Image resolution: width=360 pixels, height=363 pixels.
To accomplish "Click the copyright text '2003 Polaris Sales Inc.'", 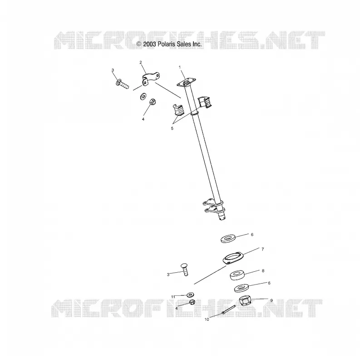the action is [x=173, y=44].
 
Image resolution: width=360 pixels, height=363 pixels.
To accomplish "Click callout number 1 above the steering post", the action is [x=179, y=67].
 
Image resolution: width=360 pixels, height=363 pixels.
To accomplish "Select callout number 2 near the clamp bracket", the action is [x=141, y=62].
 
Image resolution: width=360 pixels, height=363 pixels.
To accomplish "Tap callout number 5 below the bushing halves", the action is [x=172, y=128].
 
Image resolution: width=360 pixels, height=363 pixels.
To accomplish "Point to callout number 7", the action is [x=262, y=249].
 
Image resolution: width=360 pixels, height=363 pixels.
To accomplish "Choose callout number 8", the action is [x=263, y=270].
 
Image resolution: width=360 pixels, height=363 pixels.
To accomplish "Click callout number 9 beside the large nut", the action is [x=271, y=300].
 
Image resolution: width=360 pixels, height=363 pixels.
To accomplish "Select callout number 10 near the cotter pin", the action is [x=207, y=319].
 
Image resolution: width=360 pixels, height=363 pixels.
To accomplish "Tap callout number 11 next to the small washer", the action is [x=173, y=297].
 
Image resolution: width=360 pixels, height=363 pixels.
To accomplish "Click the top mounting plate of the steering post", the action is [x=186, y=83].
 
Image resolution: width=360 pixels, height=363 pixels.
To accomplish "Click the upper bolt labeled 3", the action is [x=122, y=84].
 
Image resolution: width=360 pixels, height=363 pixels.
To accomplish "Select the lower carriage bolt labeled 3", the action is [x=184, y=270].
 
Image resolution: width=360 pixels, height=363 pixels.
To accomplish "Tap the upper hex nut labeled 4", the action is [x=153, y=101].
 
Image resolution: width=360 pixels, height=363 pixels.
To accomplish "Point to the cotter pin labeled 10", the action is [x=228, y=309].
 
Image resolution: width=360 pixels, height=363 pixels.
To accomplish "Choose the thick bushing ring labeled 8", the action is [x=237, y=275].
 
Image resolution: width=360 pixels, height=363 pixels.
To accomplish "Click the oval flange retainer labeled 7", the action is [x=232, y=258].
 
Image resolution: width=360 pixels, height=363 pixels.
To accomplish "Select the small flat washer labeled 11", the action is [x=190, y=295].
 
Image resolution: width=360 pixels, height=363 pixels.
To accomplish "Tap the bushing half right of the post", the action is [x=205, y=103].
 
